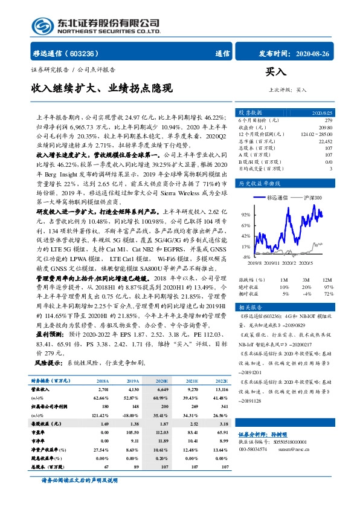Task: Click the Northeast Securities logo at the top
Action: [96, 25]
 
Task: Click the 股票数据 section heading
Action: [249, 113]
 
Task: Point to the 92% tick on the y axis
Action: [245, 215]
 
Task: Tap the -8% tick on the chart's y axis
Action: [246, 258]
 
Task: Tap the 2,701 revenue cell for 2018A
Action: [103, 391]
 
